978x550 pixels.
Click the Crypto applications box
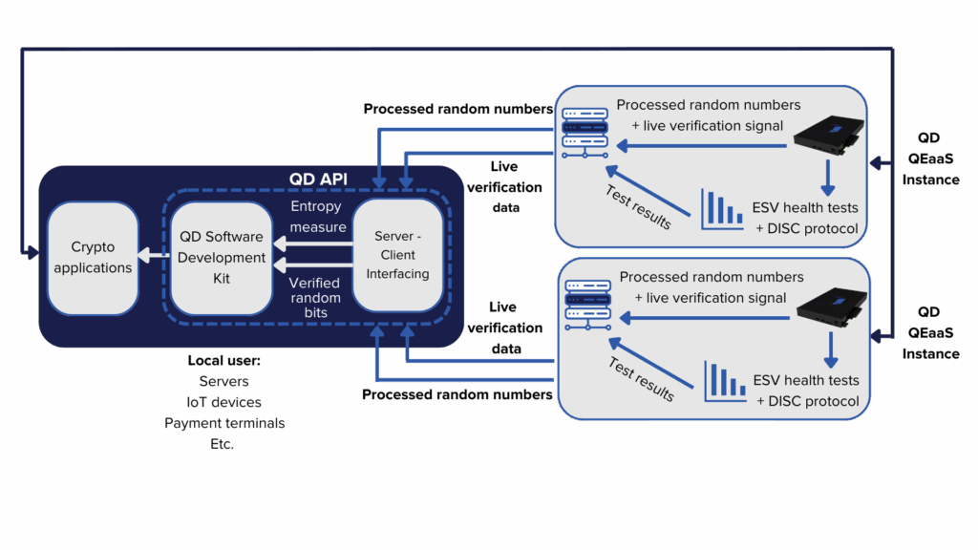[x=93, y=258]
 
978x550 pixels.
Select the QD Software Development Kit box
[x=223, y=258]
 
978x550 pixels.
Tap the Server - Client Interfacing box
[x=398, y=254]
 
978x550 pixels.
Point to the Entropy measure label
[x=318, y=216]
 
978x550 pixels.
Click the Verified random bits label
[x=315, y=298]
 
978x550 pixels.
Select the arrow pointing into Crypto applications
[x=153, y=256]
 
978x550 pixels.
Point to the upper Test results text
[x=639, y=206]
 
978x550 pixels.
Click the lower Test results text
[x=641, y=379]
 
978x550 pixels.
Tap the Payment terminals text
[x=224, y=423]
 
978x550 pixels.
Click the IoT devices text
[x=224, y=402]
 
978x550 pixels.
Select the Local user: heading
[x=224, y=361]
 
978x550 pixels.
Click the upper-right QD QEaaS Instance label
[x=928, y=159]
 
